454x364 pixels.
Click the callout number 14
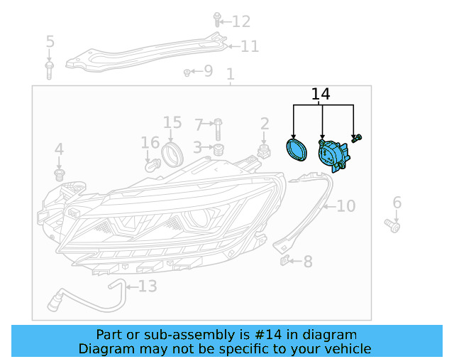(x=321, y=94)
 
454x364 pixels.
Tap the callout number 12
(x=241, y=22)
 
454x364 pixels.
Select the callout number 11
(x=250, y=47)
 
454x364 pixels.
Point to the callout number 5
(x=50, y=41)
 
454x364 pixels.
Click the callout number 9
(x=207, y=70)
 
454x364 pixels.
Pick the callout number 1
(x=230, y=74)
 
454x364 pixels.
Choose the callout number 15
(x=172, y=123)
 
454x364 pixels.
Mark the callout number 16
(x=150, y=143)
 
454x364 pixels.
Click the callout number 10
(x=345, y=206)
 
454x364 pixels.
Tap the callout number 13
(x=147, y=287)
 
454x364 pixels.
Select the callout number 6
(x=397, y=203)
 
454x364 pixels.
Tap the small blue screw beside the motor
(x=359, y=136)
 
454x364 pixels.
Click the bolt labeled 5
(x=50, y=69)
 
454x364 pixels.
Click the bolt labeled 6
(x=393, y=225)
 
